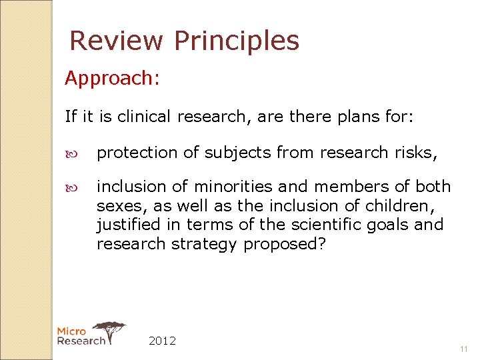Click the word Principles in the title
[236, 41]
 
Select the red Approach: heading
[112, 79]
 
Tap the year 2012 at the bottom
[162, 341]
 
